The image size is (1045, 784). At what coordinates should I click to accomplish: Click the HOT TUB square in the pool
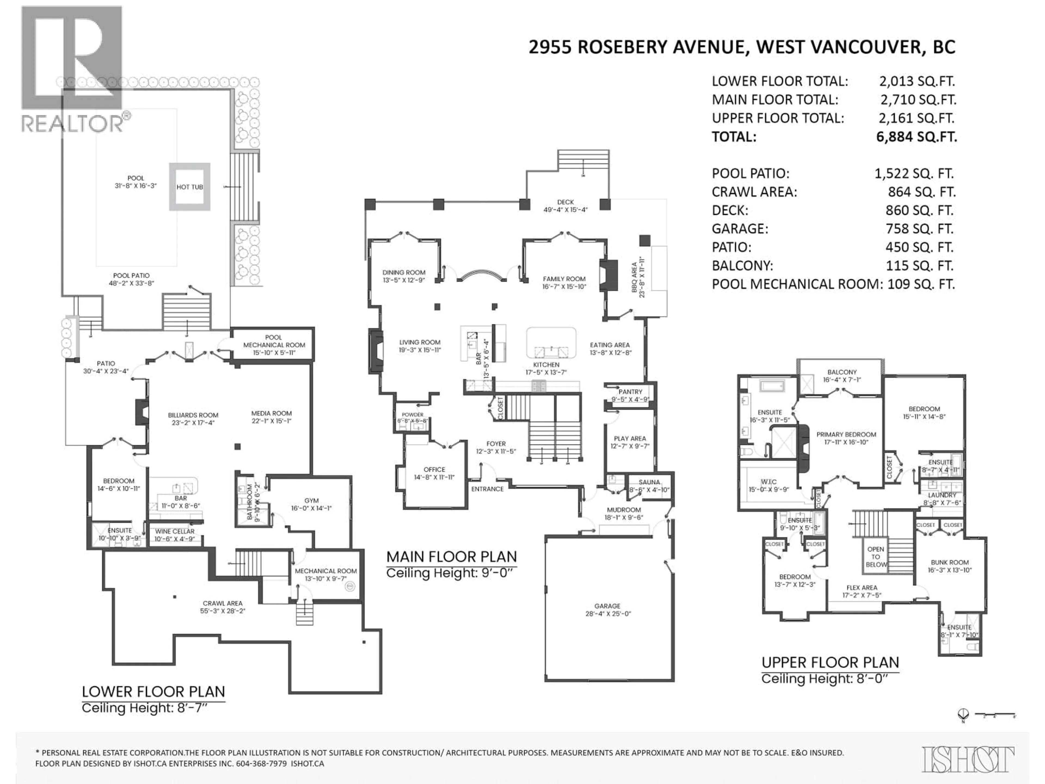pos(189,187)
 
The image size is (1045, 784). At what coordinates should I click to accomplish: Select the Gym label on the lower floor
pos(311,500)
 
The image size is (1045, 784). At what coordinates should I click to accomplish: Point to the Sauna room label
pos(649,482)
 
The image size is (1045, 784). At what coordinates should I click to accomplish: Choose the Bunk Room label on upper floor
pos(949,562)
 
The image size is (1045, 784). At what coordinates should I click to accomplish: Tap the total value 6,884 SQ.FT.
pos(917,137)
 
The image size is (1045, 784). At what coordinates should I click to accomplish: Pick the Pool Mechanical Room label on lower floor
pos(274,341)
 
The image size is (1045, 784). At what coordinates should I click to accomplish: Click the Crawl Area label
pos(223,604)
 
